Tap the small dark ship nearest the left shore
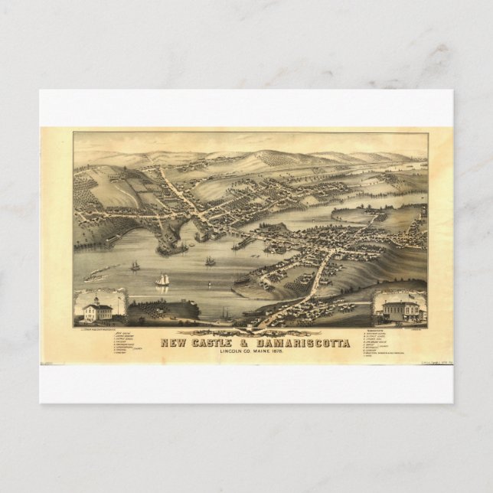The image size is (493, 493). coord(135,265)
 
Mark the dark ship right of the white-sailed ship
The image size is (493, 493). coord(211,261)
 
